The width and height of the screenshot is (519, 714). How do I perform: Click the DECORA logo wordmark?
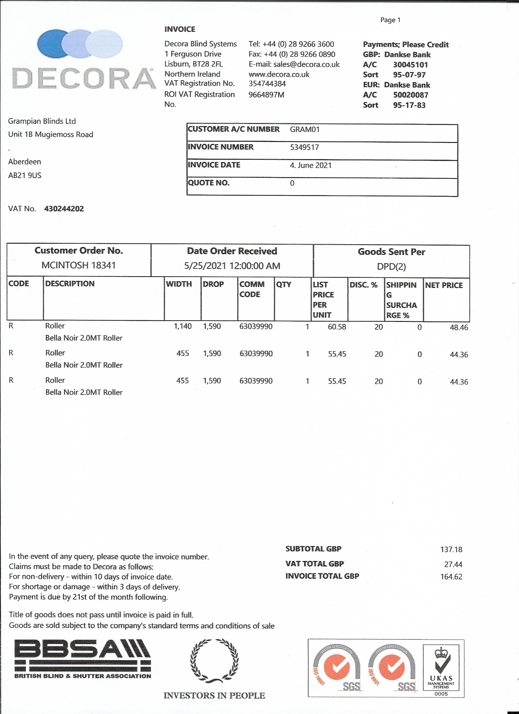click(x=84, y=78)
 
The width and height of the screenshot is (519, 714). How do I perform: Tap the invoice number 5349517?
click(x=304, y=147)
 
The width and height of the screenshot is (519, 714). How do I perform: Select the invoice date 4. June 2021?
click(x=311, y=165)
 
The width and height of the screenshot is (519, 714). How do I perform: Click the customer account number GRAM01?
click(x=305, y=129)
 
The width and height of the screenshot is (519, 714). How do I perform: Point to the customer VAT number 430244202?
click(x=64, y=209)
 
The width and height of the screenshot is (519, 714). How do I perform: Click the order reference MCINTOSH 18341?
click(x=79, y=265)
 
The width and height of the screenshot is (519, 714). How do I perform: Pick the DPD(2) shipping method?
click(x=391, y=267)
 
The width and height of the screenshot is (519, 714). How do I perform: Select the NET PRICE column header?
click(x=444, y=285)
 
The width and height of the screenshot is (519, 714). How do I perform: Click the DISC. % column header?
click(x=363, y=285)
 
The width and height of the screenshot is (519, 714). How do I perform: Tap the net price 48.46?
click(x=459, y=327)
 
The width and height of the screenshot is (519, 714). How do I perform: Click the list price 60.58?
click(x=337, y=327)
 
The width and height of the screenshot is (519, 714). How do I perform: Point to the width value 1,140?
click(x=183, y=326)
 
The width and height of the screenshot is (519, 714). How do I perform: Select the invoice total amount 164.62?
click(x=451, y=577)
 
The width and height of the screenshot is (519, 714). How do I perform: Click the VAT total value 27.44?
click(x=453, y=564)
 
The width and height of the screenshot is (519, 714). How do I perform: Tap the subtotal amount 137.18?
click(x=451, y=549)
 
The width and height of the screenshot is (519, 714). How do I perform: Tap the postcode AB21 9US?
click(x=24, y=175)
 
